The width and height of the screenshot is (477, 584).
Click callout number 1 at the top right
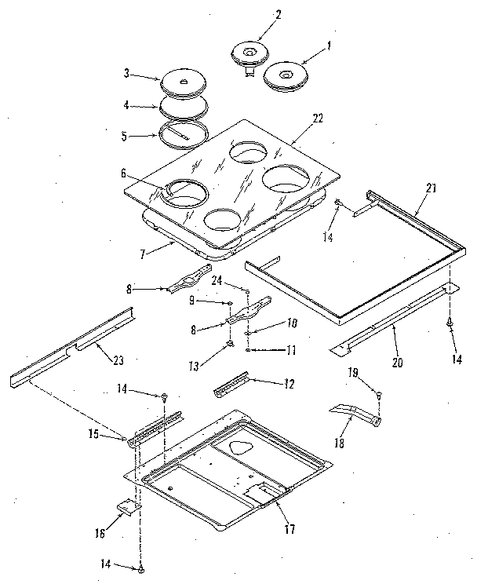(x=329, y=46)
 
